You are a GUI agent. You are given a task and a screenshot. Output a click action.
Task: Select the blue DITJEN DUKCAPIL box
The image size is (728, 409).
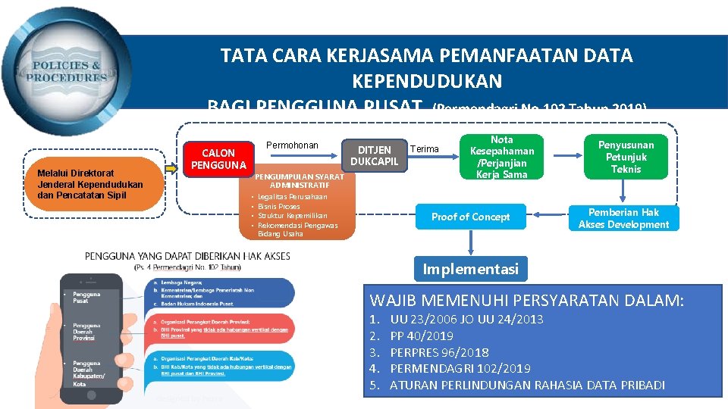pyautogui.click(x=374, y=155)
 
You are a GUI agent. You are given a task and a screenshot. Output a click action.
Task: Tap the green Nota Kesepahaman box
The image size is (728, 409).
pyautogui.click(x=501, y=157)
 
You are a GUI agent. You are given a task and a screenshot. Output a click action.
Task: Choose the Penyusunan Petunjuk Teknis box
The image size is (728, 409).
pyautogui.click(x=626, y=157)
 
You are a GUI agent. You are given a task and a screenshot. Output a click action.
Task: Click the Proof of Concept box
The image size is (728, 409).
pyautogui.click(x=470, y=217)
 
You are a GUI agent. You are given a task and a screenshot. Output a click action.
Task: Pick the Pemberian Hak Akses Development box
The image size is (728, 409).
pyautogui.click(x=623, y=218)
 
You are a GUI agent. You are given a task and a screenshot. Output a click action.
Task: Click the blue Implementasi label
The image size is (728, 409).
pyautogui.click(x=470, y=269)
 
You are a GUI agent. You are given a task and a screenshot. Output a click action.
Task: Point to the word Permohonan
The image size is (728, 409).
pyautogui.click(x=293, y=145)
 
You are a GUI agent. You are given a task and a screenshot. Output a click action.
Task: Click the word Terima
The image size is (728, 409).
pyautogui.click(x=425, y=149)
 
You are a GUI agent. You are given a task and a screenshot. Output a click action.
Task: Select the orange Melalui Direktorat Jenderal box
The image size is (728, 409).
pyautogui.click(x=89, y=184)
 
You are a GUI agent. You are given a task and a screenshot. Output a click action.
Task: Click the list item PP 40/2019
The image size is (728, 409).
pyautogui.click(x=422, y=336)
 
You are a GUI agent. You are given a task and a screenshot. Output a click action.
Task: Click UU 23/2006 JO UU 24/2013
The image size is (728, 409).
pyautogui.click(x=466, y=319)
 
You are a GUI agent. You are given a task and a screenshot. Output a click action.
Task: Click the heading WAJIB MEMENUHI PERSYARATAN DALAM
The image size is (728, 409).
pyautogui.click(x=526, y=301)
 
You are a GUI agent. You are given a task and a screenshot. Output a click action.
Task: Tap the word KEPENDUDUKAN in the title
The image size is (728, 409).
pyautogui.click(x=426, y=81)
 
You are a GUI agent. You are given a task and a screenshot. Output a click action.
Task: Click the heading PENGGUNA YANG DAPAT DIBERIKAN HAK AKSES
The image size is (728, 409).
pyautogui.click(x=187, y=256)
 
